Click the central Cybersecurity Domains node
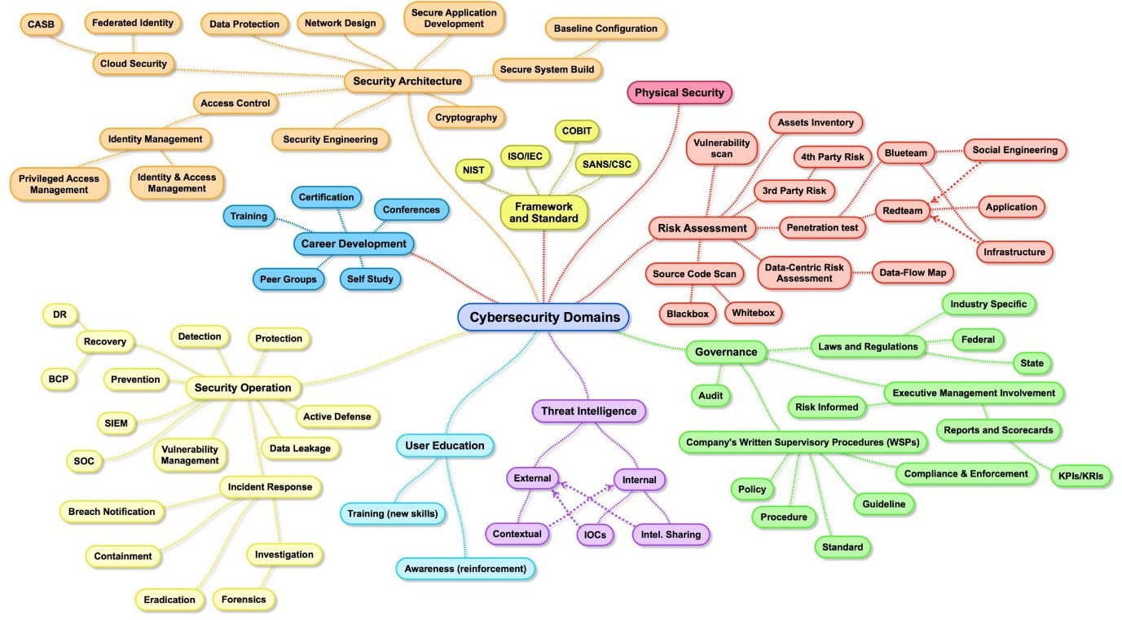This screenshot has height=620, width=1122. pos(543,317)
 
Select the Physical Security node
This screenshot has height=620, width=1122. pos(680,93)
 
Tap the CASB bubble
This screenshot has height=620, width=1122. pos(41,24)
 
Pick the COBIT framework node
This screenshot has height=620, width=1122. pos(577,130)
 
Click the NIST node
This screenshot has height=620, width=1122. pos(473,170)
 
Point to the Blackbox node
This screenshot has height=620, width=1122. pos(687,314)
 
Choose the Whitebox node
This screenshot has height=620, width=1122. pos(753,313)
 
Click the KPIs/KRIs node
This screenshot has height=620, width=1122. pos(1080,476)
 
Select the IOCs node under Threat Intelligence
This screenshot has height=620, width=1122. pos(595,534)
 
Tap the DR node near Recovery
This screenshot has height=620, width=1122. pos(59,314)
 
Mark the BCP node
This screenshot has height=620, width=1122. pos(59,379)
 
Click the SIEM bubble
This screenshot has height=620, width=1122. pos(116,423)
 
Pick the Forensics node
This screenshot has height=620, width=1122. pos(244,600)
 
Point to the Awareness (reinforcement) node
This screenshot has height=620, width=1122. pos(465,569)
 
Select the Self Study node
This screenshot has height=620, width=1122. pos(370,279)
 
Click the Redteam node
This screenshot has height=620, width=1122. pos(902,211)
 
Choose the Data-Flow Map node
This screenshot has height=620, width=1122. pos(913,273)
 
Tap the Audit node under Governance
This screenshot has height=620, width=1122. pos(711,396)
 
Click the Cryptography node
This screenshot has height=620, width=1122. pos(466,117)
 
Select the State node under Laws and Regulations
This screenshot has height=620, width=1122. pos(1032,363)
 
